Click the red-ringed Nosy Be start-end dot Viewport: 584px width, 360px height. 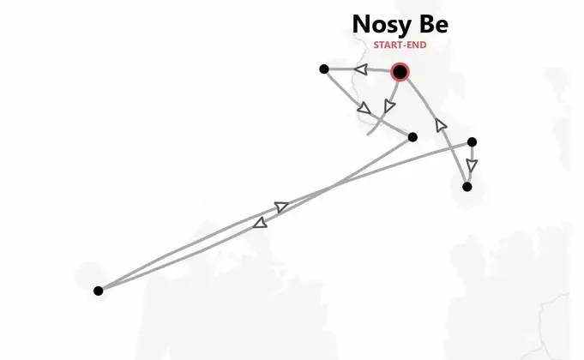pos(400,71)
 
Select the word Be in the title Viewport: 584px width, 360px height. pos(434,24)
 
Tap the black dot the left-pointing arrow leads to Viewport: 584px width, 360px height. pos(324,69)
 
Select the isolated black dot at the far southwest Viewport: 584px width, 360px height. pos(99,291)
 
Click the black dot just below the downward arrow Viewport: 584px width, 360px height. pos(467,187)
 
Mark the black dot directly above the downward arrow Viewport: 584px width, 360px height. pos(472,141)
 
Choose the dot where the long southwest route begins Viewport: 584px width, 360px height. pos(412,137)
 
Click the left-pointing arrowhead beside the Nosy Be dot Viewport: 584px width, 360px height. pos(361,69)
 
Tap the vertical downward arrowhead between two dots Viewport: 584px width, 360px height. pos(472,165)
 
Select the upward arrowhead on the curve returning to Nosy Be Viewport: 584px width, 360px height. pos(441,125)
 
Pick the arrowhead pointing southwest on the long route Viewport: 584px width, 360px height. pos(260,223)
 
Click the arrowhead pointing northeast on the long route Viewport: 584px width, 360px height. pos(281,207)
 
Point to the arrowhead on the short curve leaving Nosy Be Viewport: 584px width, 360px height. pos(389,105)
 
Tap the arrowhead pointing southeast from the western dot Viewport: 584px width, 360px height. pos(364,108)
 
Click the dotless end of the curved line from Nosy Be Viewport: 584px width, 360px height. pos(368,134)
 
